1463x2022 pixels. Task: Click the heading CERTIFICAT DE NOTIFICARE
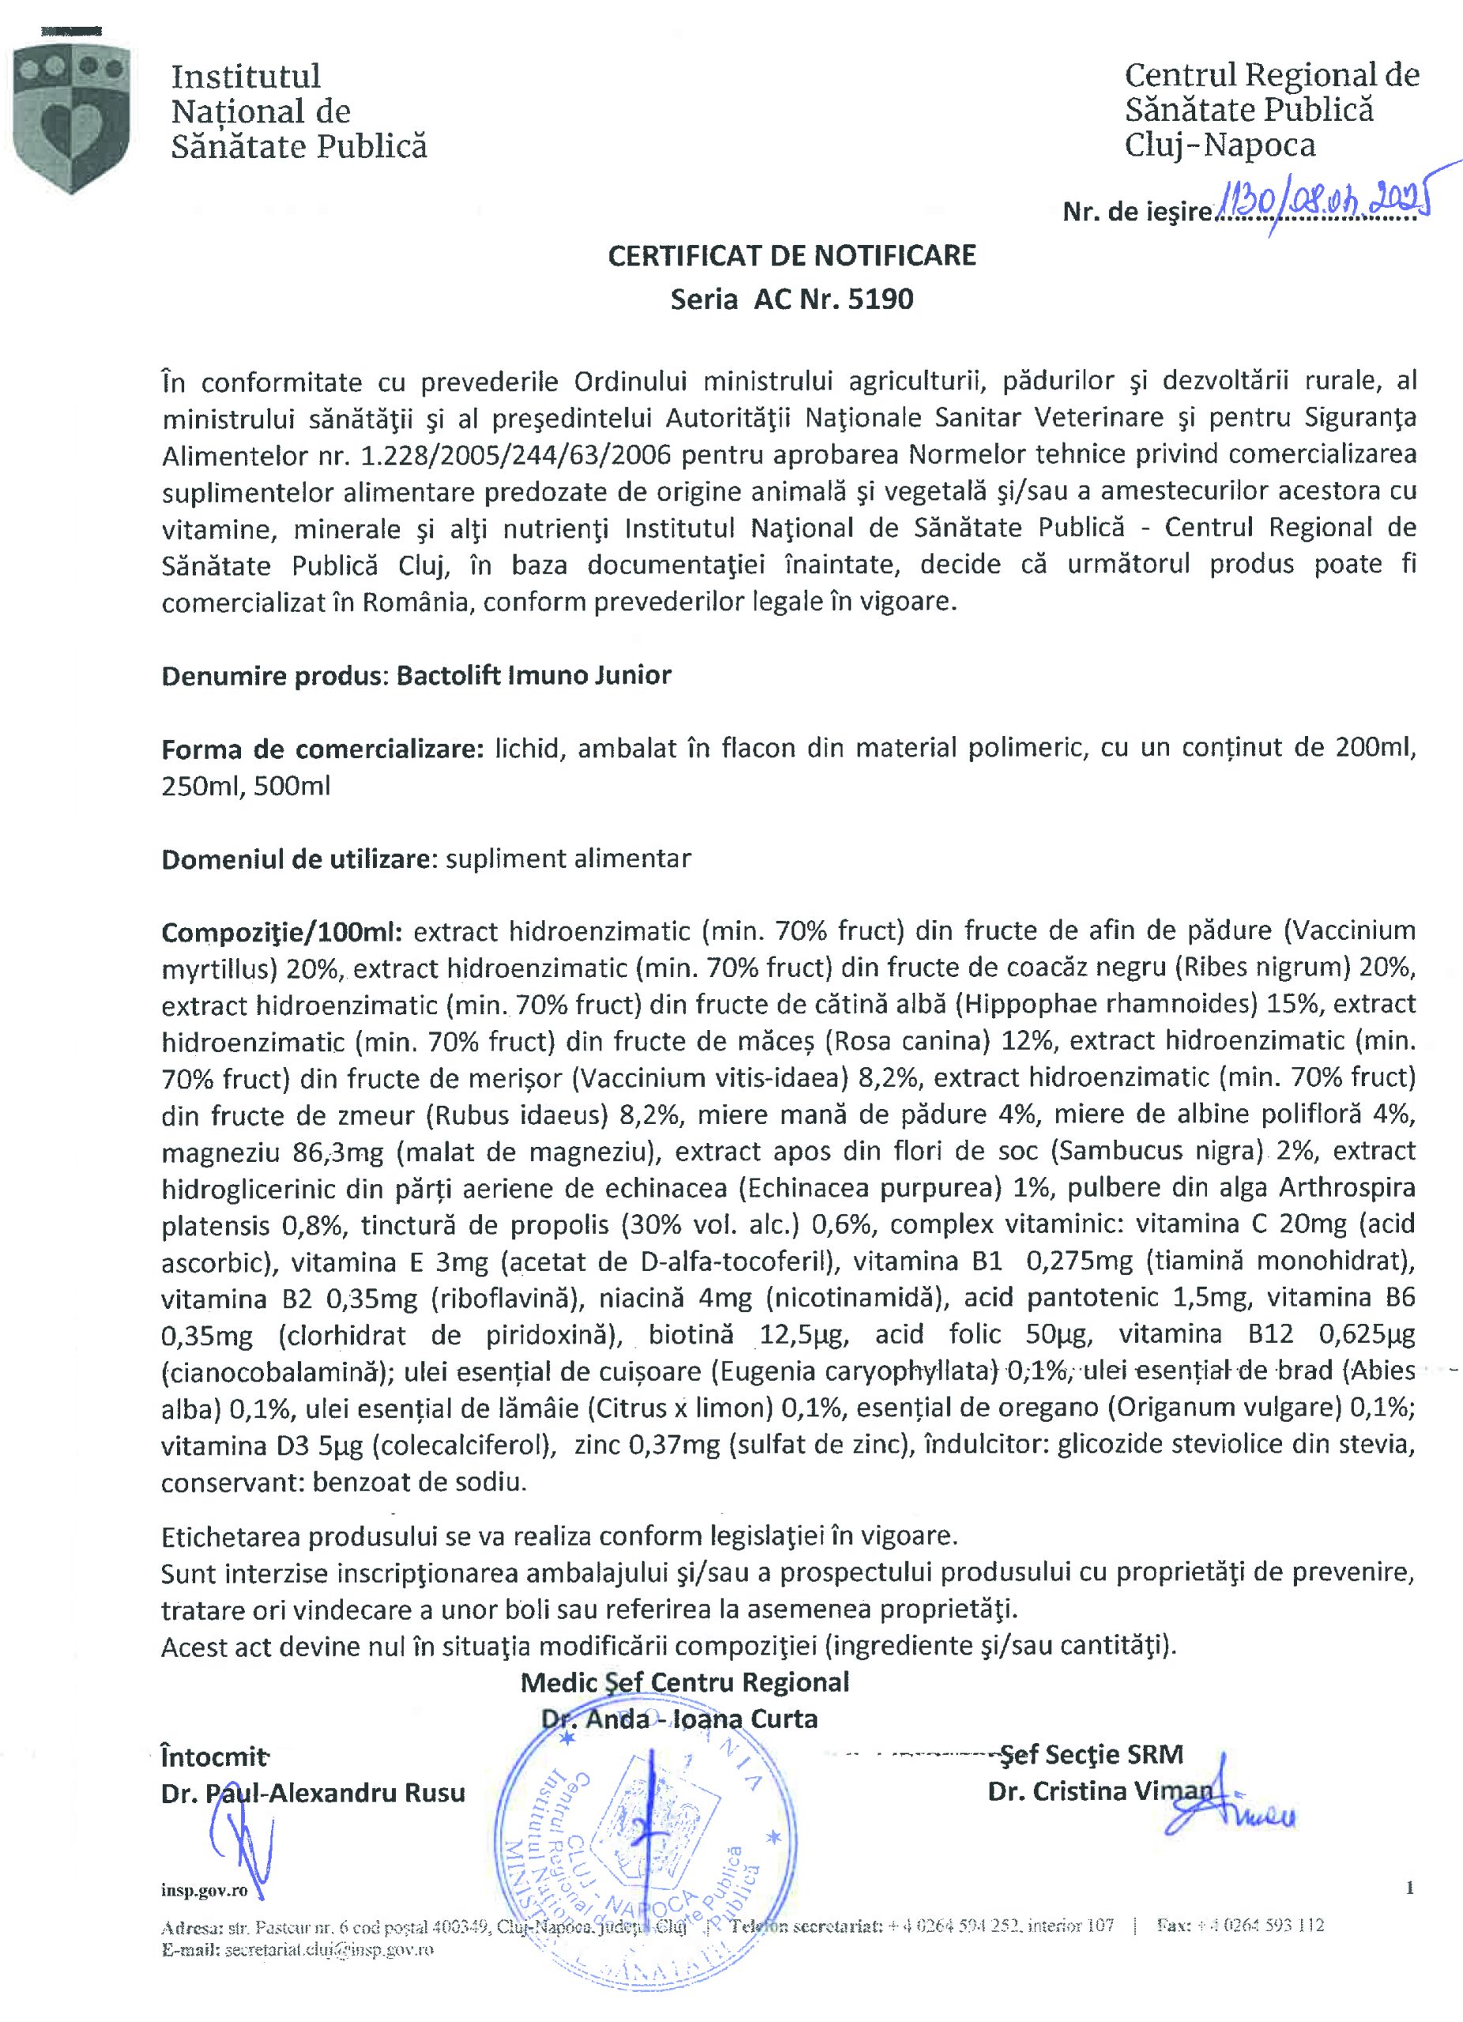(792, 256)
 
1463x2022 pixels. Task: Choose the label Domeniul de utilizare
(298, 859)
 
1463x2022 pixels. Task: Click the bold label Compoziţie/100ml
(283, 933)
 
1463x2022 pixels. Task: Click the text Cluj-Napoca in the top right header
(1220, 145)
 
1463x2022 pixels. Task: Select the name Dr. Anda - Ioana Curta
(679, 1719)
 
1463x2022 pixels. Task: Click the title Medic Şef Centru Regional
(685, 1682)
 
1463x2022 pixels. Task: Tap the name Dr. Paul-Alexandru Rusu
(313, 1793)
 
